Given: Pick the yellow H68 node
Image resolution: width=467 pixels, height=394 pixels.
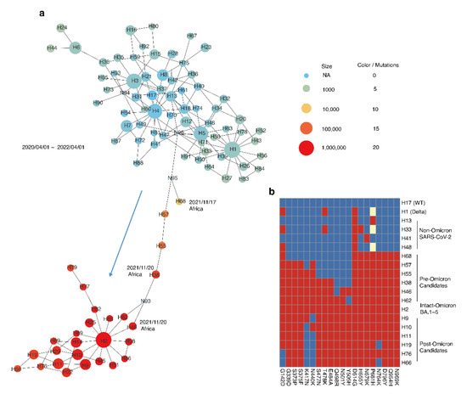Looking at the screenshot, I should click(181, 201).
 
